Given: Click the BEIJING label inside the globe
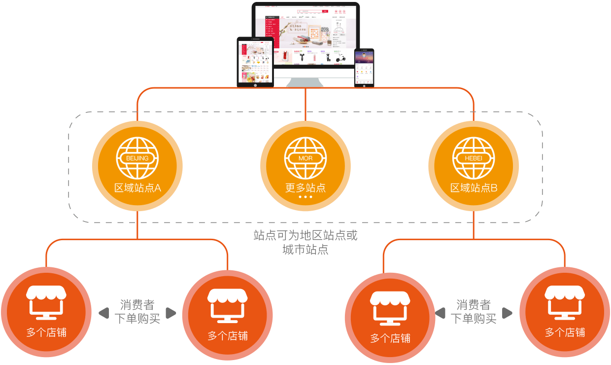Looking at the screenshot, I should pyautogui.click(x=137, y=158).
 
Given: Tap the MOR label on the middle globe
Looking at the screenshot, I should pyautogui.click(x=305, y=158).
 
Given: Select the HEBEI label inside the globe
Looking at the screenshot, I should pyautogui.click(x=474, y=158).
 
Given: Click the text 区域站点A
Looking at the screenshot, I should pyautogui.click(x=137, y=188).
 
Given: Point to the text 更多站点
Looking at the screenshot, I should pyautogui.click(x=305, y=188).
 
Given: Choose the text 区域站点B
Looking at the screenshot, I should pyautogui.click(x=474, y=188).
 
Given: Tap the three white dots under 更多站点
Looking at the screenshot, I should pyautogui.click(x=305, y=197).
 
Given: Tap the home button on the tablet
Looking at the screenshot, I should pyautogui.click(x=255, y=85).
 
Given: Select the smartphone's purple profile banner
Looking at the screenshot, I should pyautogui.click(x=364, y=59).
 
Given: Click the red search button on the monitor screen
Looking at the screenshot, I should pyautogui.click(x=325, y=10).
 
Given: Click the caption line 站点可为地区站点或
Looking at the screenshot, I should pyautogui.click(x=305, y=235).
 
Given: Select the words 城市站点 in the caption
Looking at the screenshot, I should pyautogui.click(x=305, y=250).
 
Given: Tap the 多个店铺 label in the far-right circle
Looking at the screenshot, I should pyautogui.click(x=565, y=332).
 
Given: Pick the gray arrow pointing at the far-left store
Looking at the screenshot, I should pyautogui.click(x=103, y=313).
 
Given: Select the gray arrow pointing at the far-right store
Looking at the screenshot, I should pyautogui.click(x=507, y=313).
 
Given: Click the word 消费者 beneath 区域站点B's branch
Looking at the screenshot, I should pyautogui.click(x=474, y=305).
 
